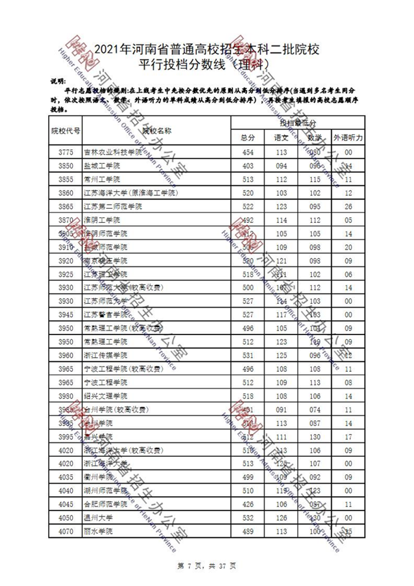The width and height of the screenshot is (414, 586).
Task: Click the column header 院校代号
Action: tap(66, 130)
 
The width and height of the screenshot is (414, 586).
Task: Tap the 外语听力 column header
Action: tap(348, 137)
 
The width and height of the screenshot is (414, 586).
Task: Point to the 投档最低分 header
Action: tap(298, 124)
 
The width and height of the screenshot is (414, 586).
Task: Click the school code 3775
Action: tap(65, 152)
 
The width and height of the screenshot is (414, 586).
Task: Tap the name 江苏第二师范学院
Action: tap(113, 206)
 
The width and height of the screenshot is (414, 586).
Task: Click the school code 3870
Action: tap(65, 220)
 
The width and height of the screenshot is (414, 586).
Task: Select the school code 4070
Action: tap(65, 531)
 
